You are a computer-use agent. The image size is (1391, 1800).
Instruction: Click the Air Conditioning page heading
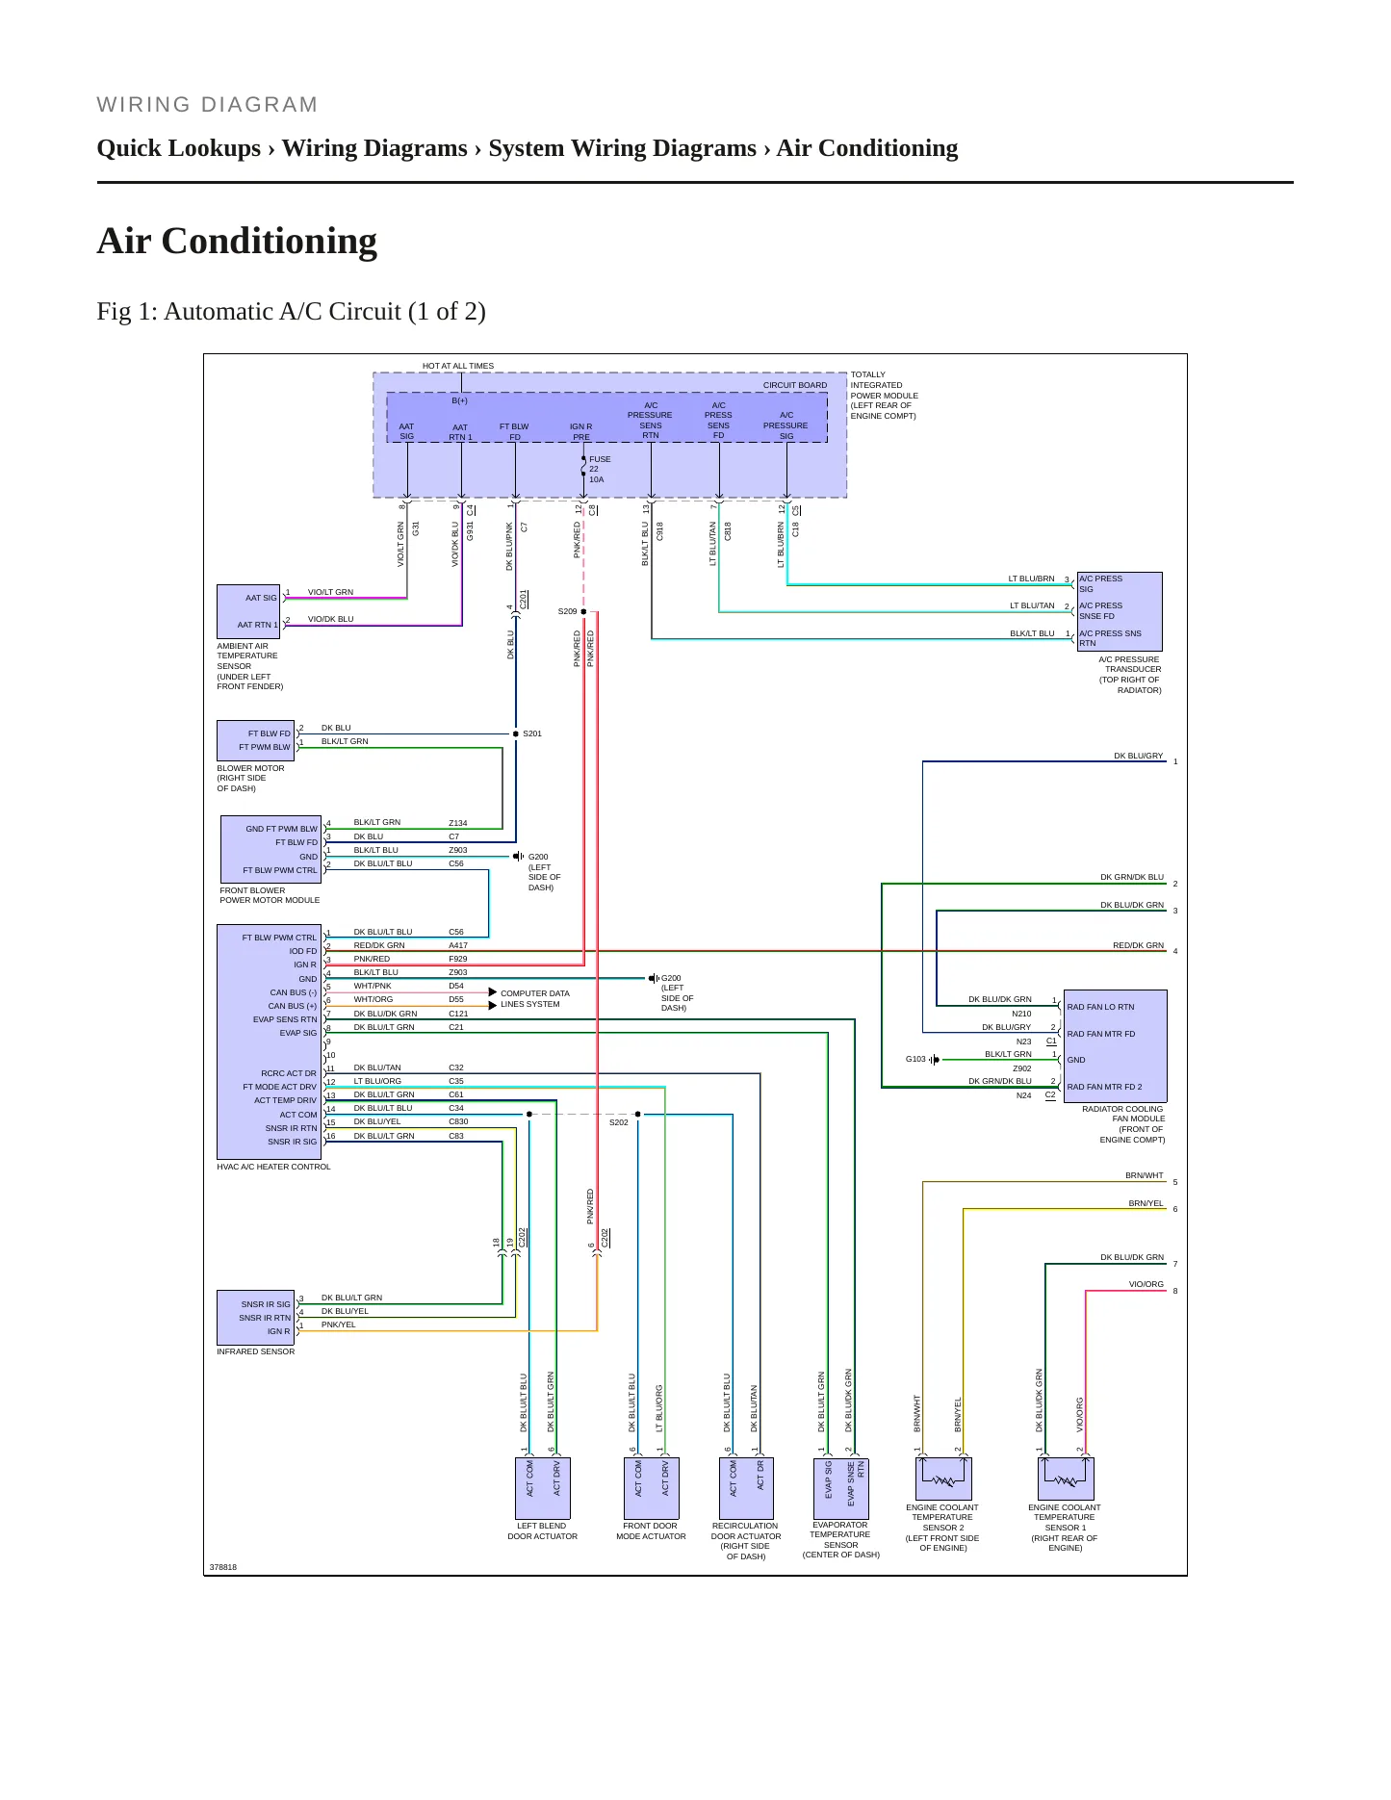point(237,241)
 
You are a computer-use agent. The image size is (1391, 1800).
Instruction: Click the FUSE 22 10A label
point(599,470)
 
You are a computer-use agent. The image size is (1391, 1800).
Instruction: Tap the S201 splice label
point(532,733)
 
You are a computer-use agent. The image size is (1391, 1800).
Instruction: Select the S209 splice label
point(567,611)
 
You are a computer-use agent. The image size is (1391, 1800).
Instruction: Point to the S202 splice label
point(619,1122)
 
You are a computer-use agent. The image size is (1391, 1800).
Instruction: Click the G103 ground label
point(915,1059)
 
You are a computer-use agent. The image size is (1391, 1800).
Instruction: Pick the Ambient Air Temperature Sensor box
point(248,611)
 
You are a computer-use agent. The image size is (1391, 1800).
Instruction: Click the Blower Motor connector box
point(256,740)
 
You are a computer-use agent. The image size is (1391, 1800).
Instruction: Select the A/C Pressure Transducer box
point(1120,611)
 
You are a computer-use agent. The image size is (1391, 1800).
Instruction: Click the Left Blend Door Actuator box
point(544,1488)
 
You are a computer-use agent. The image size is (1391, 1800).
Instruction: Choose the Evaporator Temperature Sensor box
point(841,1488)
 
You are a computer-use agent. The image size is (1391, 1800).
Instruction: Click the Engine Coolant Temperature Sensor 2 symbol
point(943,1479)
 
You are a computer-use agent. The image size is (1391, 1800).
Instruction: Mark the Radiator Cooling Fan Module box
point(1115,1046)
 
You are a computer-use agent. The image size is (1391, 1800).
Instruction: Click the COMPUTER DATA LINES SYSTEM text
point(535,999)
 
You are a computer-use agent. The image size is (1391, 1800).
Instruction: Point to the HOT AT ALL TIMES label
point(458,366)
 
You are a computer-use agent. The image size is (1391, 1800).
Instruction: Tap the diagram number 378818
point(223,1567)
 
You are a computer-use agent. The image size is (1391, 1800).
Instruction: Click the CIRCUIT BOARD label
point(795,385)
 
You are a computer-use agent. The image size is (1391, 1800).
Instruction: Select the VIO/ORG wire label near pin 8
point(1146,1284)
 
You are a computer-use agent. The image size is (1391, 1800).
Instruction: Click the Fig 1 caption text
point(292,312)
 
